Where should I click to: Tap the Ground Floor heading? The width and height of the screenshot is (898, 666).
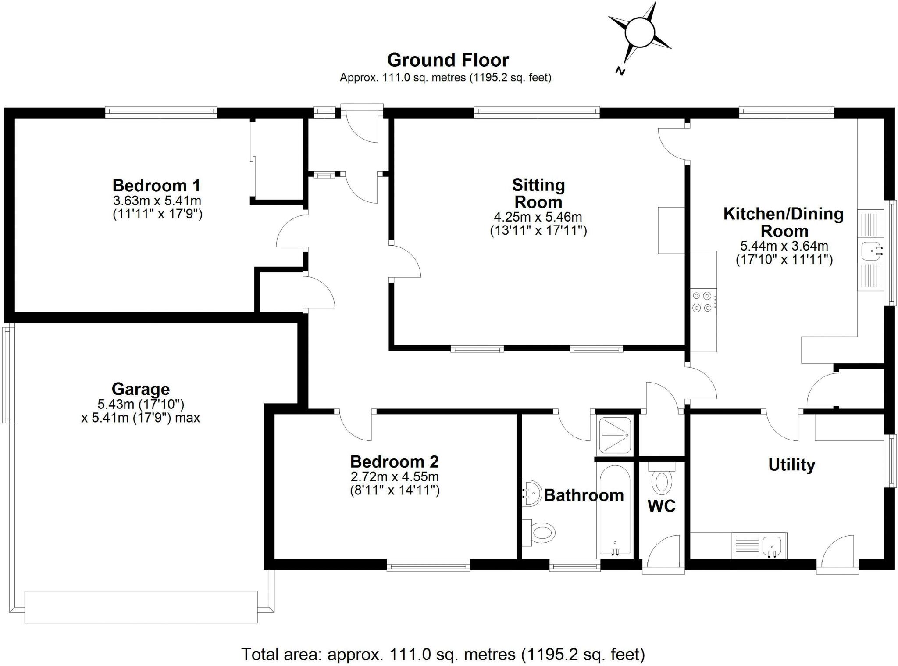coord(448,60)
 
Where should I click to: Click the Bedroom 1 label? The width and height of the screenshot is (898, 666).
coord(157,185)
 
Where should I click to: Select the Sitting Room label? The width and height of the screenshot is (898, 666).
coord(538,193)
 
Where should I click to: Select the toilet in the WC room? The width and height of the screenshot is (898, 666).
coord(662,481)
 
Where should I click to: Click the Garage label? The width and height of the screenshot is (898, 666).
coord(140,389)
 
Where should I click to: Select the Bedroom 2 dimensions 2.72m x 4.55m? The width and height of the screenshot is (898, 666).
coord(394,476)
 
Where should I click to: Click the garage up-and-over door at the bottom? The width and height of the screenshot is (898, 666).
coord(141,607)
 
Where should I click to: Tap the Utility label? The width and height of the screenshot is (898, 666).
coord(791,465)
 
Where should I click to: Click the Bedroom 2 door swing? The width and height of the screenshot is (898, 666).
coord(356,426)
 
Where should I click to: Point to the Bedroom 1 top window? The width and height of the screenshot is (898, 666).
coord(161,112)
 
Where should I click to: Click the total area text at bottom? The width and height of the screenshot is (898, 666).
coord(443,654)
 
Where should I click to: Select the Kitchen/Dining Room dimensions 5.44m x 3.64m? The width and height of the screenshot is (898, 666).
coord(784,246)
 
